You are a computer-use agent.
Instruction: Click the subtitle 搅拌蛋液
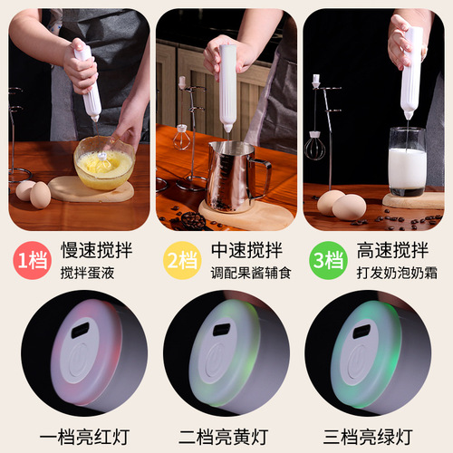pos(89,273)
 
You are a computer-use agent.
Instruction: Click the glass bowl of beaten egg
pos(103,164)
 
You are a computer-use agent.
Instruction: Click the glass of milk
pos(407,163)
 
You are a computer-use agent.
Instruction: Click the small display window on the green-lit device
pos(361,332)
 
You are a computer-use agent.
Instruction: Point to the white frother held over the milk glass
pos(411,72)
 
